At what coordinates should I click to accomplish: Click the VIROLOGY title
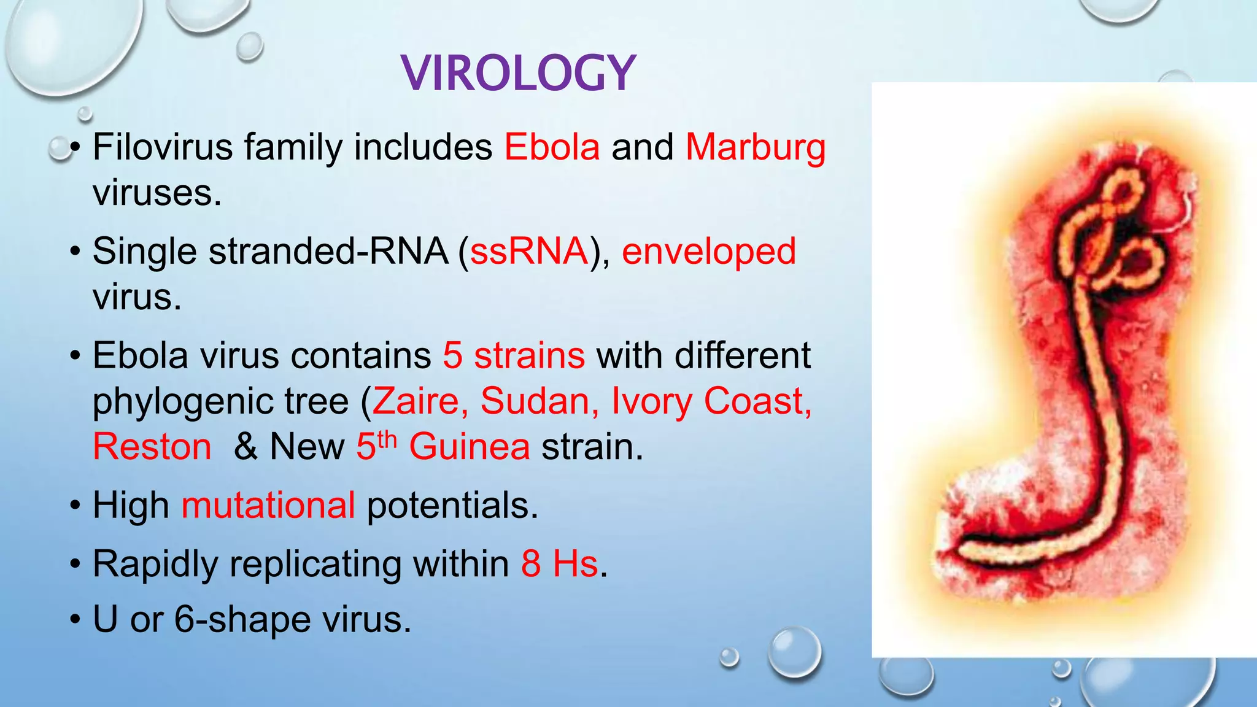coord(519,74)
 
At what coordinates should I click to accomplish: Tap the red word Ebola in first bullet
coord(552,147)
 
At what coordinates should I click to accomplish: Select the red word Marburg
coord(756,149)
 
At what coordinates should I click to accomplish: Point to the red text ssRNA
coord(529,252)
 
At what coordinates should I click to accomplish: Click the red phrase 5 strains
coord(514,356)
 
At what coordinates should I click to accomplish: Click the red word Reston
coord(152,447)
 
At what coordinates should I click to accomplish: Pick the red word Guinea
coord(470,447)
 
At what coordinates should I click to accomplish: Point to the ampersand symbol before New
coord(246,447)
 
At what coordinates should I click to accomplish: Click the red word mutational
coord(268,506)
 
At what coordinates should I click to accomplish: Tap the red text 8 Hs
coord(559,563)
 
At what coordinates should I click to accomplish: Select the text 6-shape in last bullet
coord(243,619)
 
